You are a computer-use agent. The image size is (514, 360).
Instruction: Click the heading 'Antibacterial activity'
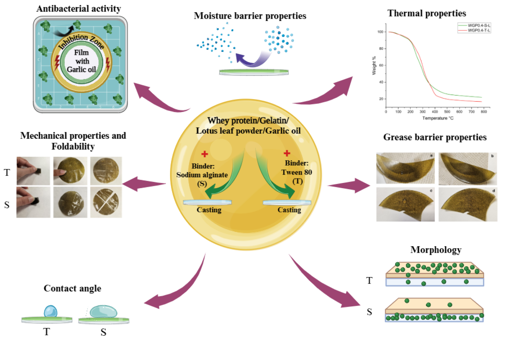tap(79, 8)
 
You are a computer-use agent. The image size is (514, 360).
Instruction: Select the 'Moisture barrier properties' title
tap(250, 16)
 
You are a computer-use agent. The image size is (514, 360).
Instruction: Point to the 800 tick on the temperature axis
tap(484, 112)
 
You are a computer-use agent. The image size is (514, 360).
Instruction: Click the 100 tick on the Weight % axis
tap(380, 32)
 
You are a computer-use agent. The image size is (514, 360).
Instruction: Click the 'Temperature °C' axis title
tap(438, 118)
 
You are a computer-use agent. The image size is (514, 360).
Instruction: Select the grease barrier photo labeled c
tap(405, 204)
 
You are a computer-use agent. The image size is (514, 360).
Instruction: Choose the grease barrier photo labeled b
tap(468, 169)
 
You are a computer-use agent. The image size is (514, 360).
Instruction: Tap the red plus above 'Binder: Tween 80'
tap(287, 153)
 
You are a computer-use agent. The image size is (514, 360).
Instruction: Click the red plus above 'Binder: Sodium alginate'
tap(204, 154)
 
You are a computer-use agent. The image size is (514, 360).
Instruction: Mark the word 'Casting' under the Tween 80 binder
tap(289, 210)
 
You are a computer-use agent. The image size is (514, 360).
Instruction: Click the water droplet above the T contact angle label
tap(51, 312)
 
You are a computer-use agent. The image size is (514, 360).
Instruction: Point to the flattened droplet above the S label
tap(104, 312)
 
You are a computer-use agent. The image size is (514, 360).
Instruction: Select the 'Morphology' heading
tap(436, 250)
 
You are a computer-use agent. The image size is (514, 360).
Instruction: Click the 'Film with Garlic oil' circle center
tap(82, 61)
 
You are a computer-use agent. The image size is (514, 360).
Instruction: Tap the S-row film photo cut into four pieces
tap(106, 202)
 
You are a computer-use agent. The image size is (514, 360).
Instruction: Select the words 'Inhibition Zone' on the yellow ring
tap(82, 40)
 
